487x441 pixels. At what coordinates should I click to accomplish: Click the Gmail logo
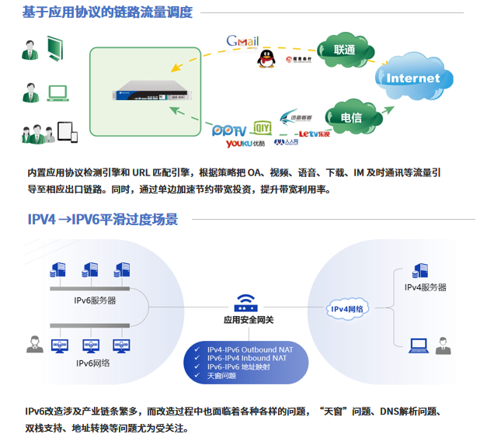click(x=242, y=41)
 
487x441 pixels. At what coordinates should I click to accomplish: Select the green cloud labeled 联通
click(x=344, y=50)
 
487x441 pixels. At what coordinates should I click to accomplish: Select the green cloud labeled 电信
click(x=350, y=118)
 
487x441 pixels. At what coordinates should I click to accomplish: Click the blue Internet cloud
click(x=412, y=78)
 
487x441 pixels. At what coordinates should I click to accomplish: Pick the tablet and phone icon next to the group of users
click(x=69, y=134)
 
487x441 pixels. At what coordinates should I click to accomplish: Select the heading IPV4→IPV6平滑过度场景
click(x=103, y=220)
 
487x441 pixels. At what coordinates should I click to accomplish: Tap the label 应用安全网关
click(x=249, y=320)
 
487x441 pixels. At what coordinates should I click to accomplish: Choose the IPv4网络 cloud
click(x=347, y=309)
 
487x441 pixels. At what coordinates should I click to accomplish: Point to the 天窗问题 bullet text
click(x=221, y=376)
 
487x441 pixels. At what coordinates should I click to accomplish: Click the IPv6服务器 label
click(x=95, y=300)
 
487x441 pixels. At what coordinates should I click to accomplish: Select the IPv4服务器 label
click(x=426, y=286)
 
